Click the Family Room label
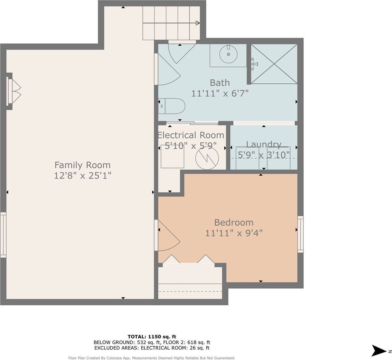(x=82, y=165)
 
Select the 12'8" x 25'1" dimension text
(x=82, y=175)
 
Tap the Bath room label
(x=220, y=82)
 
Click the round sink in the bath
(x=228, y=54)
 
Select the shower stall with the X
(x=274, y=64)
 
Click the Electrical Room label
(x=191, y=135)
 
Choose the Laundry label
(x=264, y=145)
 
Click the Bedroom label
(x=234, y=222)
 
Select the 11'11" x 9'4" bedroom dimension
(x=234, y=233)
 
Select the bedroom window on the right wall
(x=300, y=234)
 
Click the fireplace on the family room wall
(x=13, y=91)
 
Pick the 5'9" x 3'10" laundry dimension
(x=264, y=155)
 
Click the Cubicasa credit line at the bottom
(x=152, y=358)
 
